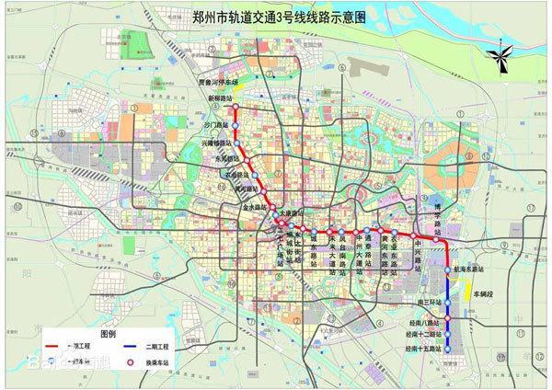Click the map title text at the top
click(x=275, y=15)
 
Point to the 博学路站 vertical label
click(x=437, y=215)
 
